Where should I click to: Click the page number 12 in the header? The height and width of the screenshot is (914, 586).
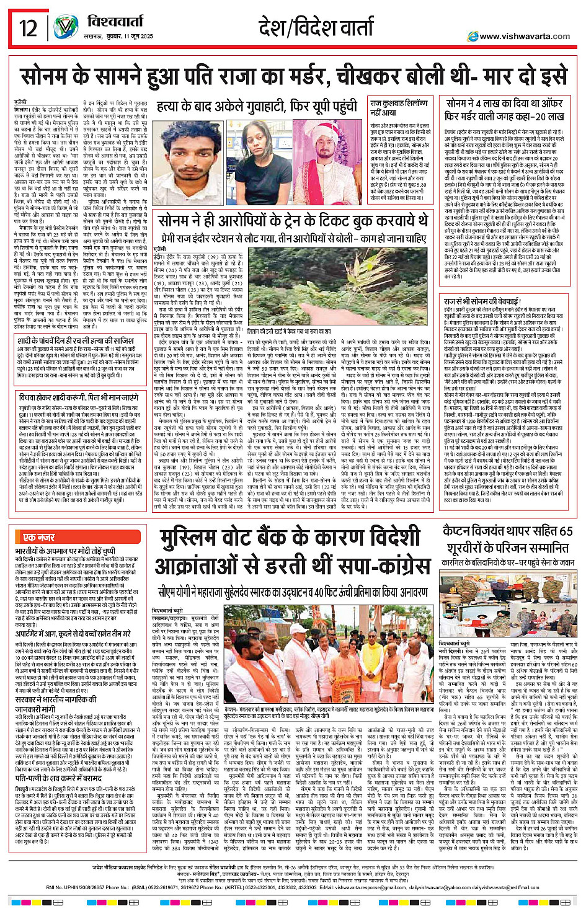(29, 28)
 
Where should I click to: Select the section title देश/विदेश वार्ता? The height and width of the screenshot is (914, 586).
(316, 28)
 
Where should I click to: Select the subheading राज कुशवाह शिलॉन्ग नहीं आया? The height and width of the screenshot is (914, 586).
(399, 108)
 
